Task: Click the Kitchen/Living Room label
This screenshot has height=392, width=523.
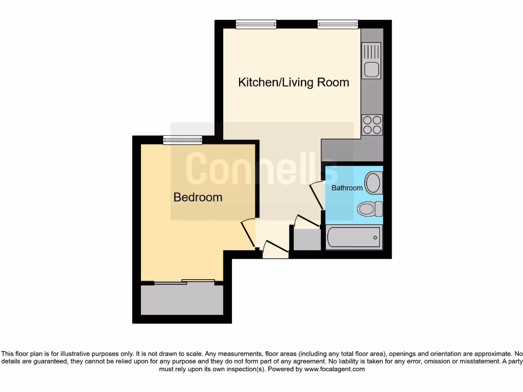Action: click(x=294, y=82)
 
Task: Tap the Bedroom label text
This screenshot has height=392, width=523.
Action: click(x=198, y=197)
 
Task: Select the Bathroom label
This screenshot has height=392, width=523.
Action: click(x=347, y=188)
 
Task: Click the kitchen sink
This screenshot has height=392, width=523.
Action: click(x=371, y=60)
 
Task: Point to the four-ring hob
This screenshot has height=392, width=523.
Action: click(x=372, y=125)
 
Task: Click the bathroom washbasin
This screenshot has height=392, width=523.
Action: click(x=374, y=183)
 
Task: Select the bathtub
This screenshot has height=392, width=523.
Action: click(x=354, y=237)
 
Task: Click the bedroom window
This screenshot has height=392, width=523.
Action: click(x=182, y=140)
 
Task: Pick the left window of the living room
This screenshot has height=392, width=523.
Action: click(x=256, y=24)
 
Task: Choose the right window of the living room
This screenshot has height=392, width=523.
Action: click(x=338, y=24)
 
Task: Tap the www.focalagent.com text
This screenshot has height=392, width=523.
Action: click(x=335, y=369)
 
